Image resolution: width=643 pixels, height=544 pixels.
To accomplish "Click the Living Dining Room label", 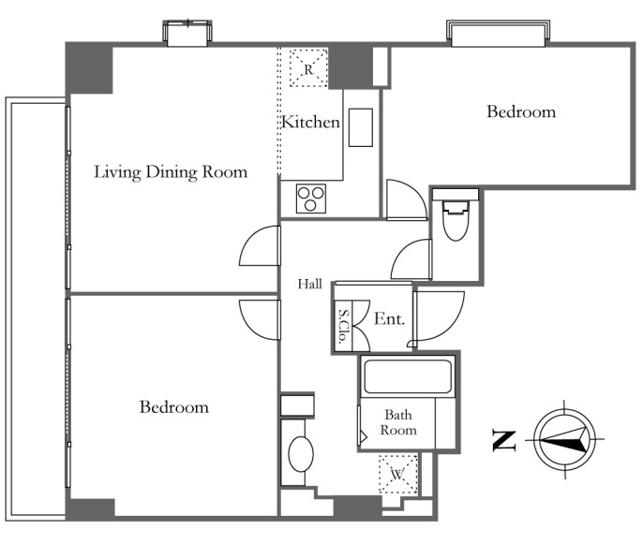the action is [x=171, y=172].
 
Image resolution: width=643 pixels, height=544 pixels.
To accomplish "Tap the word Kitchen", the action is [x=311, y=122].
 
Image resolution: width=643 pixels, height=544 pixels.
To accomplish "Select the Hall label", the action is [x=309, y=284].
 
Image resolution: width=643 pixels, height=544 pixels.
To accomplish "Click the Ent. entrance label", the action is [x=389, y=318].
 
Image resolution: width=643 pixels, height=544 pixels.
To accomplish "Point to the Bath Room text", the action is [x=398, y=422].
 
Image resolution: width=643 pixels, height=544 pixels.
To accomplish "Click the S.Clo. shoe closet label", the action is [x=343, y=326].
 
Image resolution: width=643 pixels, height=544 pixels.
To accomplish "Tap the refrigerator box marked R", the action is [x=308, y=68].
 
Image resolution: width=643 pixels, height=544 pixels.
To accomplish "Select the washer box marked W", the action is [x=397, y=475].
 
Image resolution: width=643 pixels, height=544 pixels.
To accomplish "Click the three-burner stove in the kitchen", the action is [x=311, y=198].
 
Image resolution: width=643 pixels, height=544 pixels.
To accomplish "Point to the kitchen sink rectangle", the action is [x=361, y=127].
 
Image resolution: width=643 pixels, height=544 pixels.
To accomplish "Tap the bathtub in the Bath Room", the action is [x=407, y=376].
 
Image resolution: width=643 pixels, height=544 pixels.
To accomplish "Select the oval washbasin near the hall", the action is [x=301, y=454].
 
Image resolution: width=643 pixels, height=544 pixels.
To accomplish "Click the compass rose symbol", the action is [x=565, y=439].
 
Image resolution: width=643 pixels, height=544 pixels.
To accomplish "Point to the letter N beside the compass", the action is [x=503, y=441].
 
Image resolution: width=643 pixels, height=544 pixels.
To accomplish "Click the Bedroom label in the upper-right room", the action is [x=521, y=111].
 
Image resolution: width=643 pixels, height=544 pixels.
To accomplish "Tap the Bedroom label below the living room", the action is [x=174, y=406].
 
